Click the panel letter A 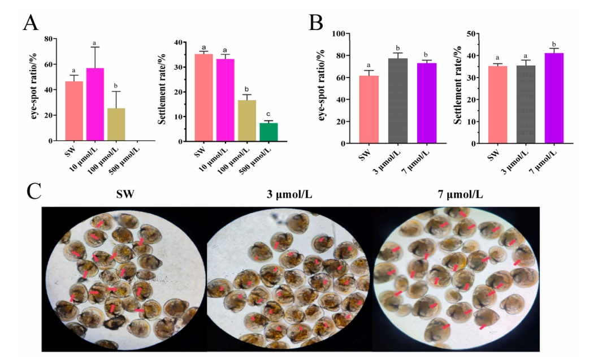pyautogui.click(x=31, y=23)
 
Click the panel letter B pyautogui.click(x=315, y=23)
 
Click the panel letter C pyautogui.click(x=34, y=191)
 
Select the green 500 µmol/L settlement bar pyautogui.click(x=268, y=132)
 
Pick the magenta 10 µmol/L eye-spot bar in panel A pyautogui.click(x=95, y=105)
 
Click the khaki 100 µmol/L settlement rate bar pyautogui.click(x=247, y=121)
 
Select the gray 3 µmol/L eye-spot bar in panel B pyautogui.click(x=398, y=101)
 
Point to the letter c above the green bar pyautogui.click(x=268, y=114)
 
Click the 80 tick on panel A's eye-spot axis pyautogui.click(x=48, y=39)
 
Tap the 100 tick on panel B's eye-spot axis pyautogui.click(x=339, y=34)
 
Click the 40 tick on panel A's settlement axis pyautogui.click(x=178, y=42)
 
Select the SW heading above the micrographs pyautogui.click(x=125, y=194)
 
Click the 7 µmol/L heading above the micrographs pyautogui.click(x=460, y=194)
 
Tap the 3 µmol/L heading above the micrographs pyautogui.click(x=289, y=194)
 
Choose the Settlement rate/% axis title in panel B pyautogui.click(x=458, y=85)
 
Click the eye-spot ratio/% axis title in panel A pyautogui.click(x=34, y=85)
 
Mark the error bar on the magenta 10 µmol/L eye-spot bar pyautogui.click(x=96, y=58)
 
